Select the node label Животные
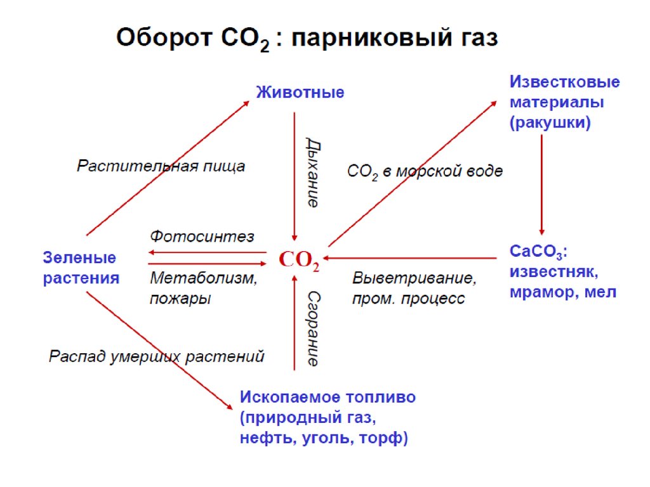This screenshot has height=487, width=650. point(300,93)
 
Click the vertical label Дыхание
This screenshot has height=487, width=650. point(312,172)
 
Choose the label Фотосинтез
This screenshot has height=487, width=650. point(202,237)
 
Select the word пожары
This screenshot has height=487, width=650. point(180,299)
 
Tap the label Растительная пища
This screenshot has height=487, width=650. point(161,167)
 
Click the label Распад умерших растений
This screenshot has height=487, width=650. point(156,356)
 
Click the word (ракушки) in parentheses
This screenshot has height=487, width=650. point(550,122)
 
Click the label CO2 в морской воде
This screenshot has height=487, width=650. point(425,171)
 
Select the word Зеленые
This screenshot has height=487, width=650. point(79,258)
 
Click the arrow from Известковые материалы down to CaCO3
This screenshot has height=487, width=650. point(541,184)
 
